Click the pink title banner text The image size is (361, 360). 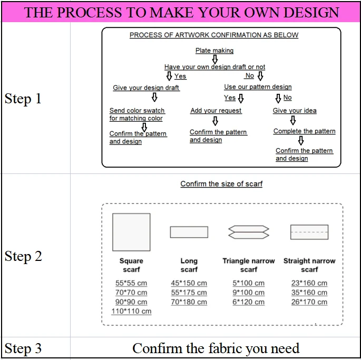tap(181, 12)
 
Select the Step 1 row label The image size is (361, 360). tap(23, 99)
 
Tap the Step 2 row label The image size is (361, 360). tap(23, 256)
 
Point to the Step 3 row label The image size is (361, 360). tap(23, 348)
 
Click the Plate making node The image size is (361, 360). tap(214, 51)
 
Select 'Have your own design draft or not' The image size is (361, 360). tap(214, 67)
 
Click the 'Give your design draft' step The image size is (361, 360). tap(146, 87)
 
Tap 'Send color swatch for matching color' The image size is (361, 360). tap(137, 114)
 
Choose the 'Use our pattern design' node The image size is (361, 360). tap(258, 87)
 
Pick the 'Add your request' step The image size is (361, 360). tap(216, 111)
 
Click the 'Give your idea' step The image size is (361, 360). tap(295, 111)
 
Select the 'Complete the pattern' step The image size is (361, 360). tap(304, 131)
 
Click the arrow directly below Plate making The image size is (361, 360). tap(214, 59)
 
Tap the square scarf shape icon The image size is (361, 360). tap(131, 232)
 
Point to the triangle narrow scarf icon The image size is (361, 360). tap(249, 232)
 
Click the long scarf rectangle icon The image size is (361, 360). tap(189, 232)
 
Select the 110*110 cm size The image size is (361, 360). tap(131, 312)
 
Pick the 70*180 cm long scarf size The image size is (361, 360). tap(189, 302)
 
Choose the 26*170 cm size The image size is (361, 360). tap(309, 302)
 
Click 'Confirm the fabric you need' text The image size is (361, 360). tap(216, 348)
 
